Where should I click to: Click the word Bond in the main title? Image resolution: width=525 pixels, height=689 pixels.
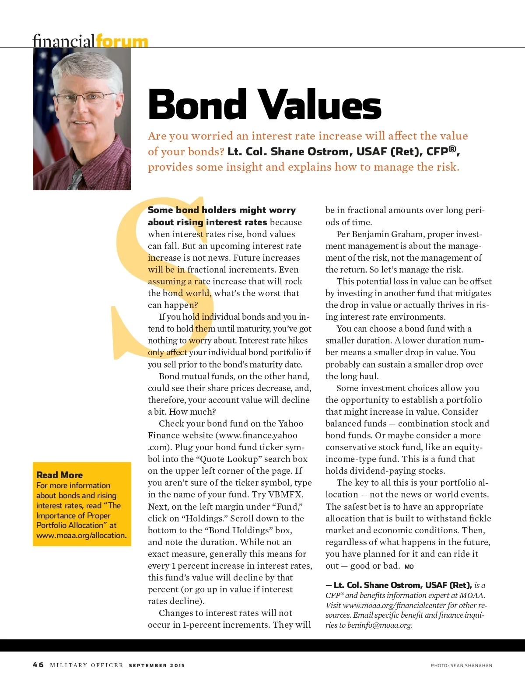pos(197,104)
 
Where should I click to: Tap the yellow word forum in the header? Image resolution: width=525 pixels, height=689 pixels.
pos(122,42)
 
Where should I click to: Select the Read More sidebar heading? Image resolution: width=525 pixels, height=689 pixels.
pos(59,475)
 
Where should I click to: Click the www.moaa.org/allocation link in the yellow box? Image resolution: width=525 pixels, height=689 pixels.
pos(81,535)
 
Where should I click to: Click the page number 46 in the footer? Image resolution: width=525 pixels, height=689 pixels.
pos(38,665)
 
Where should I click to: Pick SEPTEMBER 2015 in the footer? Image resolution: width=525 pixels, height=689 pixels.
pos(157,665)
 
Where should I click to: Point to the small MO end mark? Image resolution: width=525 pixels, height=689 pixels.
pos(409,567)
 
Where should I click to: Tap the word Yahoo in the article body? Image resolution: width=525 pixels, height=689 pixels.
pos(290,423)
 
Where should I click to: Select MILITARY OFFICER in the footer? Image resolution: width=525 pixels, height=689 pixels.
pos(87,665)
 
